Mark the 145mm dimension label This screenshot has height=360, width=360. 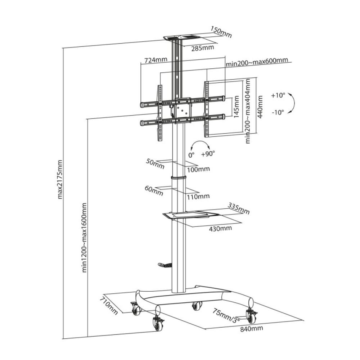point(237,107)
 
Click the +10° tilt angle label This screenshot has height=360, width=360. point(278,96)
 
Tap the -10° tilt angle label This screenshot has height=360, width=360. point(278,112)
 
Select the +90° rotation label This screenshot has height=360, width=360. point(208,154)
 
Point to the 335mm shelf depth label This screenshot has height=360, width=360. point(239,208)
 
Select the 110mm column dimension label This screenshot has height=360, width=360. point(198,196)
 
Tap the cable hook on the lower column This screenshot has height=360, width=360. point(165,265)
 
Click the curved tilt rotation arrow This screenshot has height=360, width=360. point(293,104)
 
